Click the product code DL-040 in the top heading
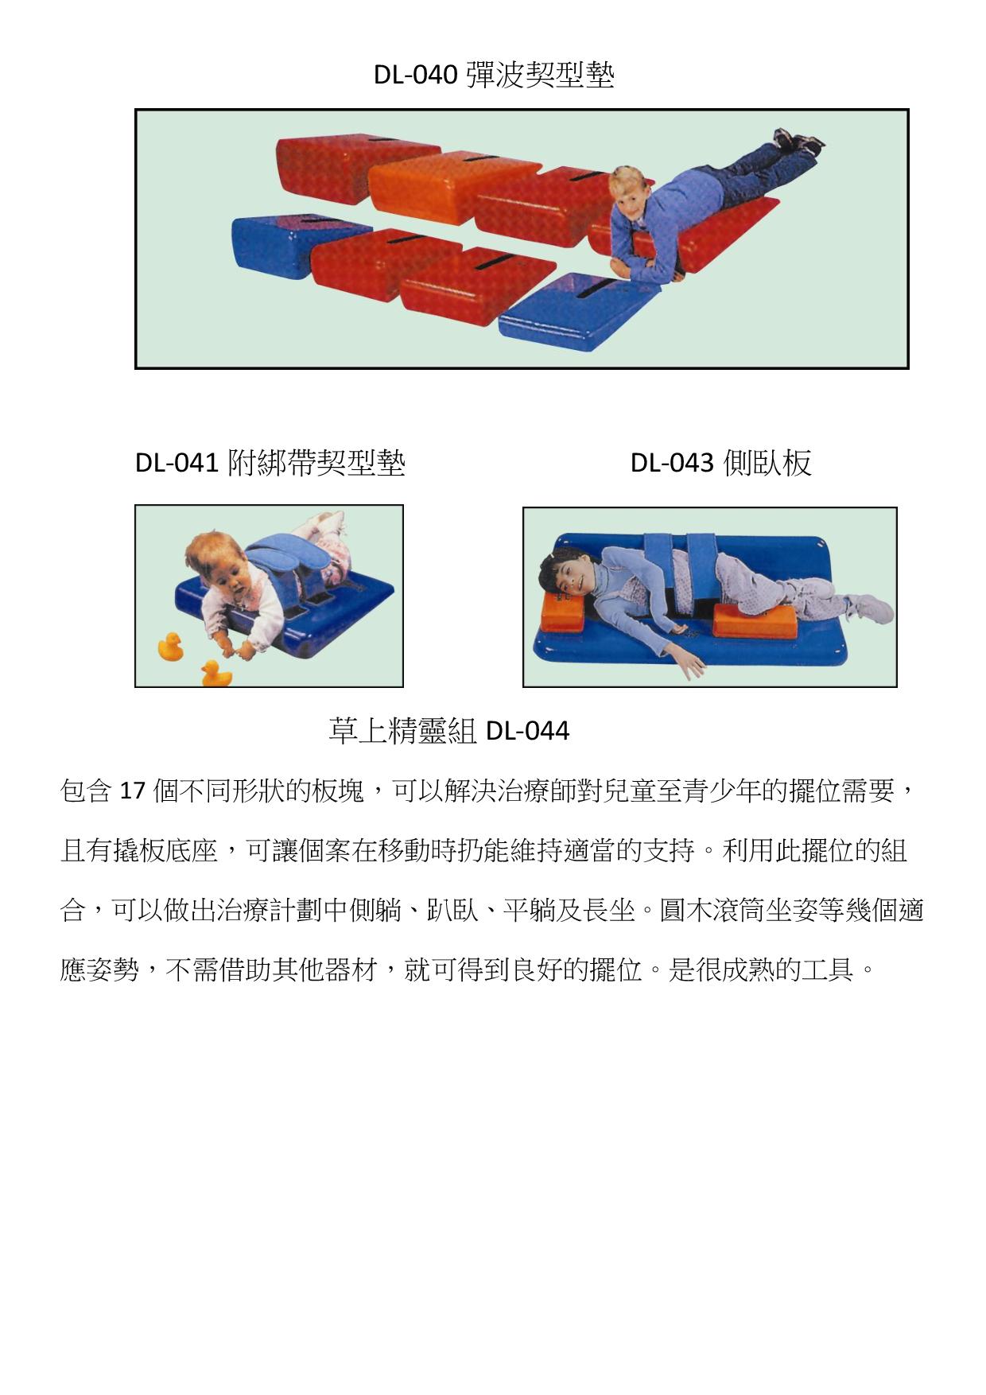tap(415, 76)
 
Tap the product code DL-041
tap(176, 462)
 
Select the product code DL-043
tap(672, 462)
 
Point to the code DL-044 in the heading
tap(527, 730)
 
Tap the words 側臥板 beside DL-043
tap(767, 462)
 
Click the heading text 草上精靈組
tap(402, 730)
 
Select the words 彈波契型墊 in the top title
tap(540, 76)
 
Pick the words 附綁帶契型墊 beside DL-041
tap(316, 462)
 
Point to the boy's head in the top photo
tap(628, 193)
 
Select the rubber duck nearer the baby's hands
tap(215, 674)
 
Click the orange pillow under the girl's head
tap(564, 609)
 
